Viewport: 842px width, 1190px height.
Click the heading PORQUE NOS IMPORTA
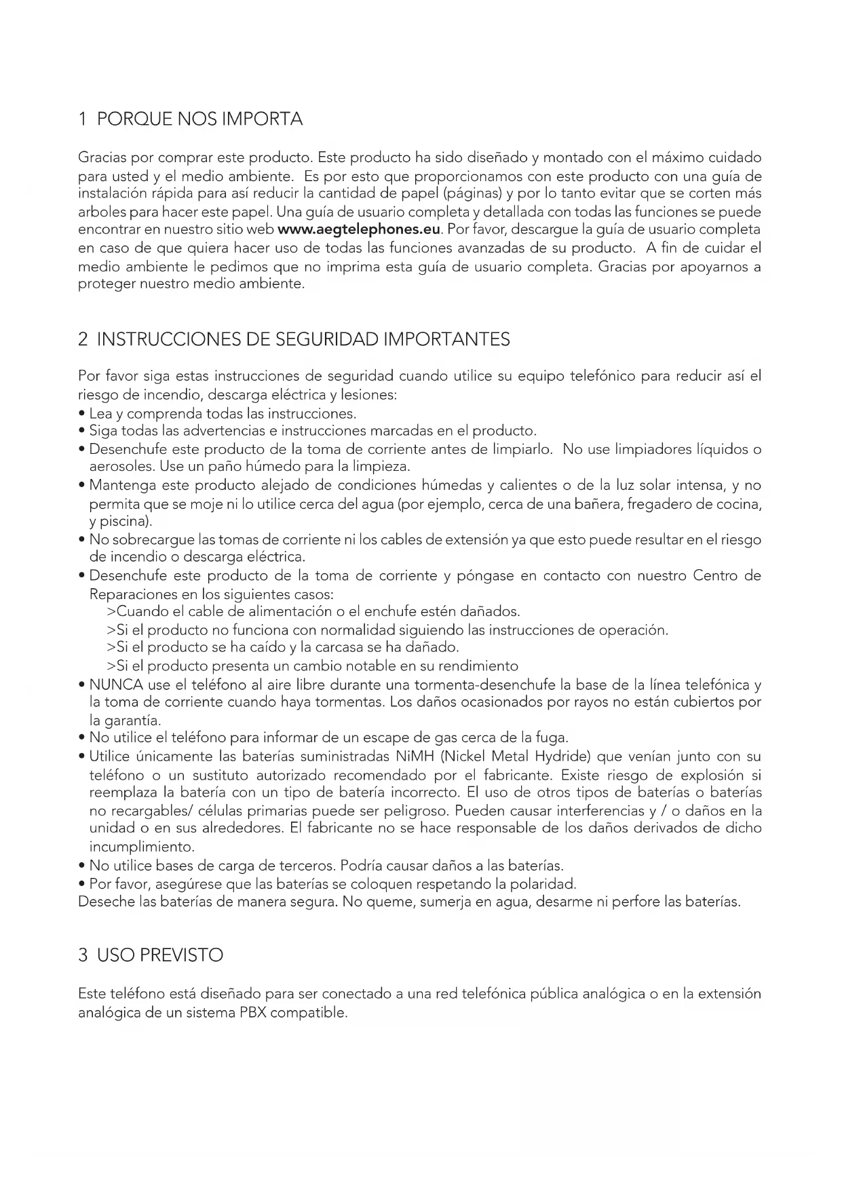[x=200, y=119]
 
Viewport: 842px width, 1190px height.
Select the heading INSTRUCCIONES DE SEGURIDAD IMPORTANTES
[x=303, y=339]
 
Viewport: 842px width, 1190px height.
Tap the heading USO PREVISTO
[x=160, y=955]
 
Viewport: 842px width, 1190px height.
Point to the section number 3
[x=83, y=955]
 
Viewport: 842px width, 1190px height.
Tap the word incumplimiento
[x=142, y=847]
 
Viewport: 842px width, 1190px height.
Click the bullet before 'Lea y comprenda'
[x=82, y=414]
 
